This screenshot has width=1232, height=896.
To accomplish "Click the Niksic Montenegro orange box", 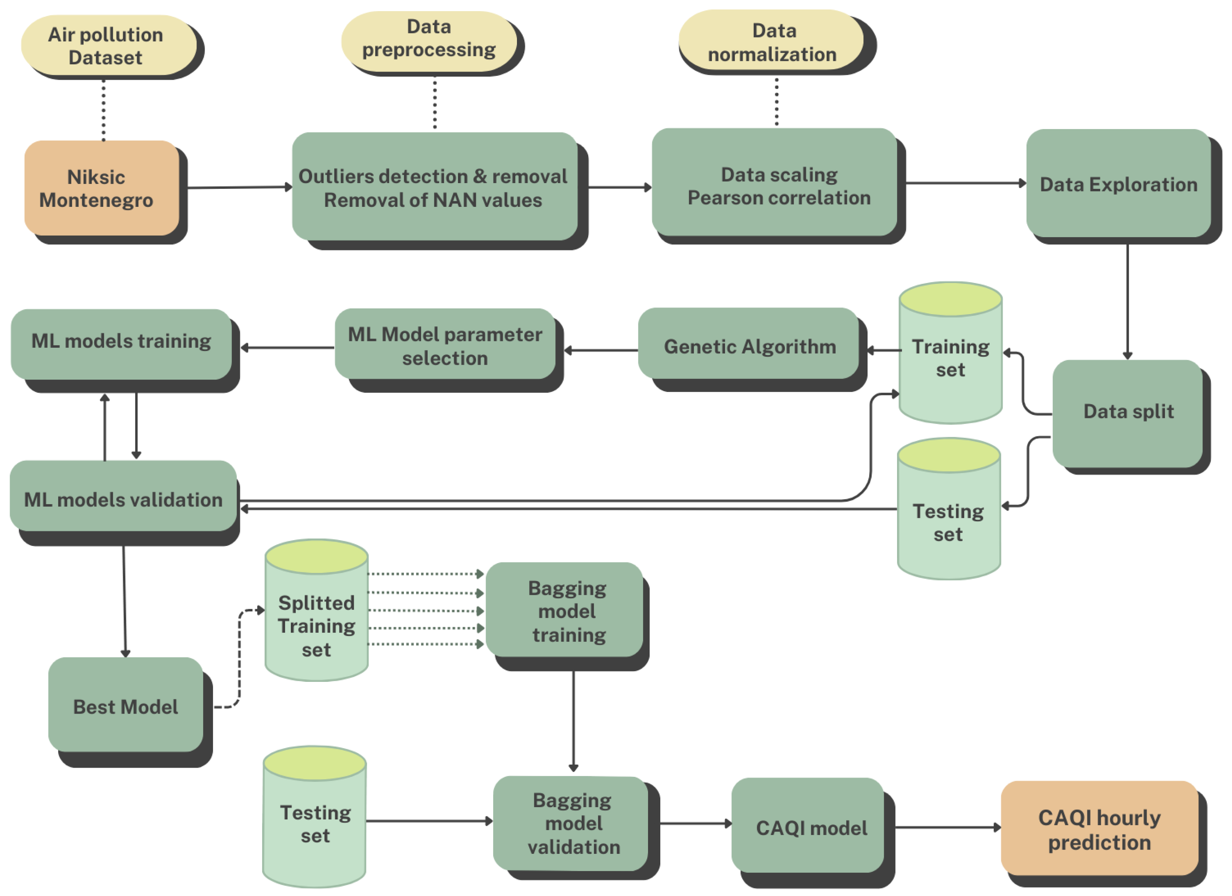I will [x=102, y=188].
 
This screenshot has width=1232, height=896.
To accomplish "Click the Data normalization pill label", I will [x=772, y=43].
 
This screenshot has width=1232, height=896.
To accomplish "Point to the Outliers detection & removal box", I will [x=433, y=187].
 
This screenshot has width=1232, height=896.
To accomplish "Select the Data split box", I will [x=1128, y=412].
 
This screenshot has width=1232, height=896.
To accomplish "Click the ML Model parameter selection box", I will [x=445, y=346].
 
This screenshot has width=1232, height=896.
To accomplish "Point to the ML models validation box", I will [x=123, y=498].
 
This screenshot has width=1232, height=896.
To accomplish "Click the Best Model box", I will [x=125, y=706].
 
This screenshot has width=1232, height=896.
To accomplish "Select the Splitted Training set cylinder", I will [x=316, y=624].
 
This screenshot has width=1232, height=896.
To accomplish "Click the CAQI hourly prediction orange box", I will [x=1099, y=829].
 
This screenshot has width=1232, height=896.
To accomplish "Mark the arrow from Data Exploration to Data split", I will [x=1127, y=301].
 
